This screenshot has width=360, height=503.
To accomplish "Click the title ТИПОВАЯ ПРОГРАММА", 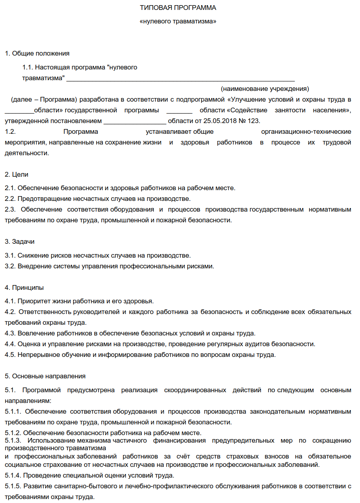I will [x=178, y=8].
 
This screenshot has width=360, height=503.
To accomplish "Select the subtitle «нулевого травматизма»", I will [x=178, y=21].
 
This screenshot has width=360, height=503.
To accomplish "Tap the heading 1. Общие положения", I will [x=37, y=53].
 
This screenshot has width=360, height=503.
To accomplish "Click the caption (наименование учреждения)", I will [x=265, y=88].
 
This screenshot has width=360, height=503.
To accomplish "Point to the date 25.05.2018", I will [x=221, y=121].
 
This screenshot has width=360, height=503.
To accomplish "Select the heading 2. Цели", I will [x=17, y=174].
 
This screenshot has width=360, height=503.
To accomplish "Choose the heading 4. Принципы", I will [x=24, y=287].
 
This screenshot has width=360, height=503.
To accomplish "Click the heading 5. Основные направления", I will [x=45, y=376].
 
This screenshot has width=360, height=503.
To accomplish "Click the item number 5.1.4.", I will [x=13, y=475].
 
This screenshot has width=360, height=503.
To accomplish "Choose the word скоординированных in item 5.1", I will [x=195, y=390].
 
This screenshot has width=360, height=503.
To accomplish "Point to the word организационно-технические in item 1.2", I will [x=306, y=131].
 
